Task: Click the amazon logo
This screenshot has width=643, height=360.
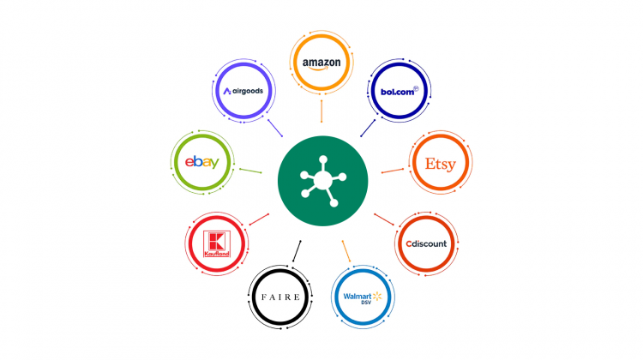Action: (x=321, y=63)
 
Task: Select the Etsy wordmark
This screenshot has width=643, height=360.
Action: (x=441, y=164)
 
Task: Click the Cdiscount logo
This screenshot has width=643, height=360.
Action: (x=426, y=243)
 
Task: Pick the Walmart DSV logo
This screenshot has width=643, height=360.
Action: (x=363, y=297)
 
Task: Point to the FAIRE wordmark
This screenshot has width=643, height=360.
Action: (x=280, y=297)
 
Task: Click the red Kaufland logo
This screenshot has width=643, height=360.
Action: (x=217, y=244)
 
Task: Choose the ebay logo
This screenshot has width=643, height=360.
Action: (x=202, y=162)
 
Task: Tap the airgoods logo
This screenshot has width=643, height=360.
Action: (x=243, y=91)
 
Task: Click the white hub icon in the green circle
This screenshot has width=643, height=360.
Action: (x=323, y=181)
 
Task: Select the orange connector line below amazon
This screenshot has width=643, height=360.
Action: (x=321, y=111)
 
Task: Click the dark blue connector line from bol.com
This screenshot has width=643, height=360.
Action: (x=368, y=128)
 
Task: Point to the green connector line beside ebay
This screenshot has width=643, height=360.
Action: (x=250, y=171)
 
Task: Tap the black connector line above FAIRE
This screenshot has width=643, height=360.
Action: (x=297, y=251)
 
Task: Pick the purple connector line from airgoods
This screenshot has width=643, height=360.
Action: (x=275, y=128)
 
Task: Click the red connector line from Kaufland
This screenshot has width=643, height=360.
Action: (x=259, y=219)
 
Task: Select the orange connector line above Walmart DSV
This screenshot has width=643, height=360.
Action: (x=346, y=251)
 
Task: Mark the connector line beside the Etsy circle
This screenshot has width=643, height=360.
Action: (x=393, y=171)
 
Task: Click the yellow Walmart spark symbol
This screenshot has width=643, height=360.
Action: (x=377, y=296)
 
